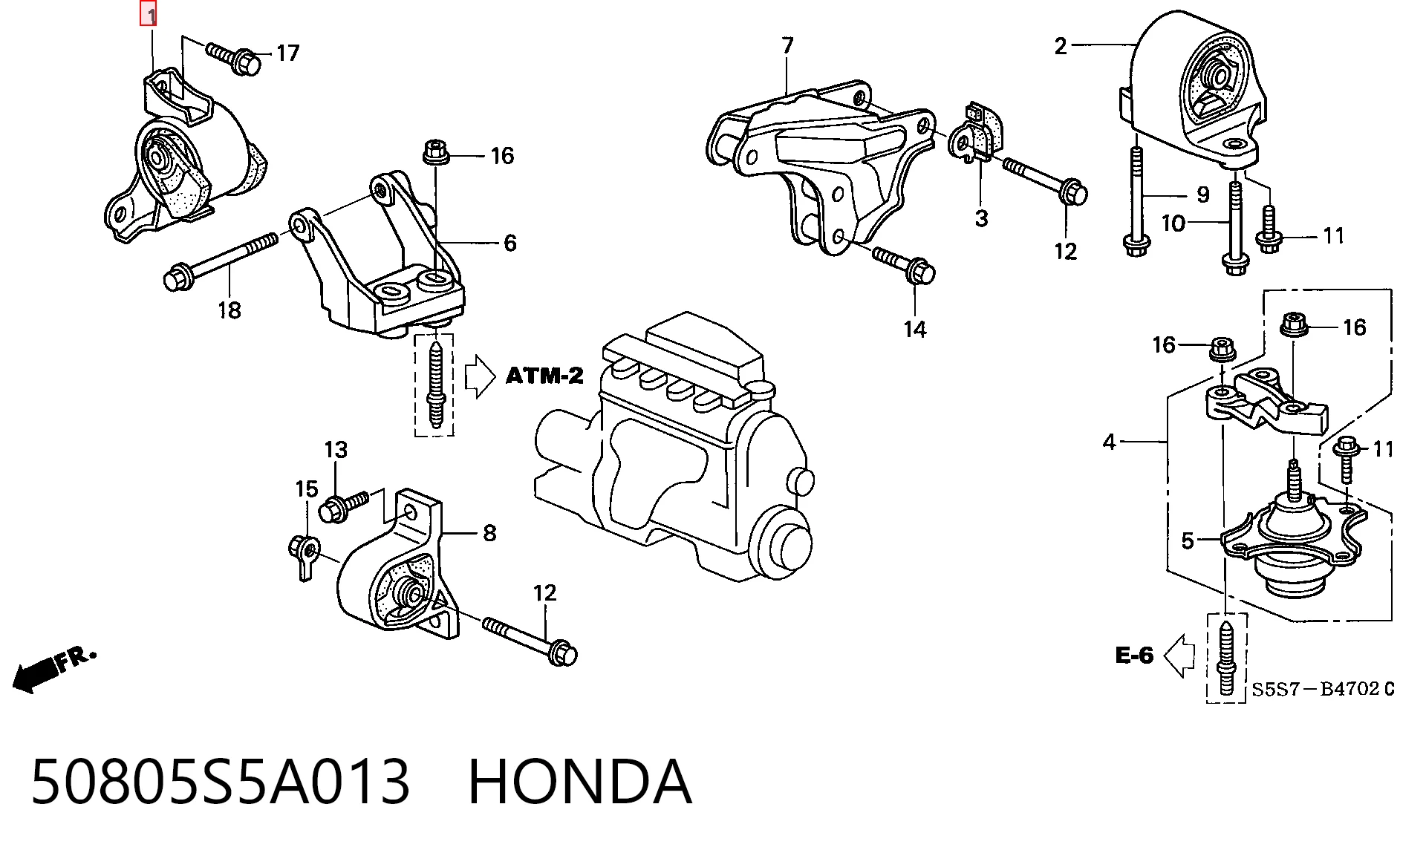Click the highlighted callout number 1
point(149,14)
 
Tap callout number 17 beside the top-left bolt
point(288,53)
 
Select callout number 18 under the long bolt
point(229,310)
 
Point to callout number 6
point(510,243)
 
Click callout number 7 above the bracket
point(788,45)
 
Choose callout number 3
point(982,218)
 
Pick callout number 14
point(915,329)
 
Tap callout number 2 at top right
point(1061,46)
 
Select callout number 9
point(1203,195)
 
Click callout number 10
point(1173,223)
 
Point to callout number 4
point(1110,442)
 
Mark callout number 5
point(1188,540)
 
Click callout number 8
point(489,532)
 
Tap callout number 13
point(336,450)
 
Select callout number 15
point(307,488)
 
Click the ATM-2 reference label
point(544,376)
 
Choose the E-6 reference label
point(1134,655)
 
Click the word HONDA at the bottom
point(580,782)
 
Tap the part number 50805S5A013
point(221,782)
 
